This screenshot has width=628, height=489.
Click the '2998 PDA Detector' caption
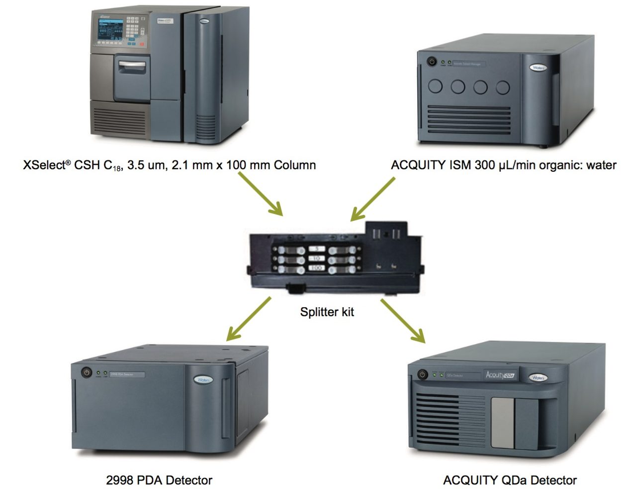coord(159,480)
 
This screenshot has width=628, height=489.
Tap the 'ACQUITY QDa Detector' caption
coord(510,480)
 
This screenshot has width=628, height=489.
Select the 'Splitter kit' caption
coord(327,312)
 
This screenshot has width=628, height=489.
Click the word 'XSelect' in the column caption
coord(44,165)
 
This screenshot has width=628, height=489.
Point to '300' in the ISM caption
coord(484,165)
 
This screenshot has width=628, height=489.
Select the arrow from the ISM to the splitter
coord(373,199)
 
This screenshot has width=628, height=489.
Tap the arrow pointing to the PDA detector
coord(249,319)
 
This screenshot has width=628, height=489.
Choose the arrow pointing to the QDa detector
coord(403,321)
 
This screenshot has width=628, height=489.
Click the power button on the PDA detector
coord(87,372)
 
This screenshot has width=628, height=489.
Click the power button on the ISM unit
coord(432,62)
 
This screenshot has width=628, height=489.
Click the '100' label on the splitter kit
coord(317,268)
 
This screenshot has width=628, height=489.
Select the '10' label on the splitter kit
coord(317,259)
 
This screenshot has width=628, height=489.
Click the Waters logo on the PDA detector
coord(203,380)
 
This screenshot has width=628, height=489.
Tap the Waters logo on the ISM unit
coord(538,68)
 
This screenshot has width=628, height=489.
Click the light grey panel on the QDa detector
coord(502,422)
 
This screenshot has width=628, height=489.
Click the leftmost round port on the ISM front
coord(435,86)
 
